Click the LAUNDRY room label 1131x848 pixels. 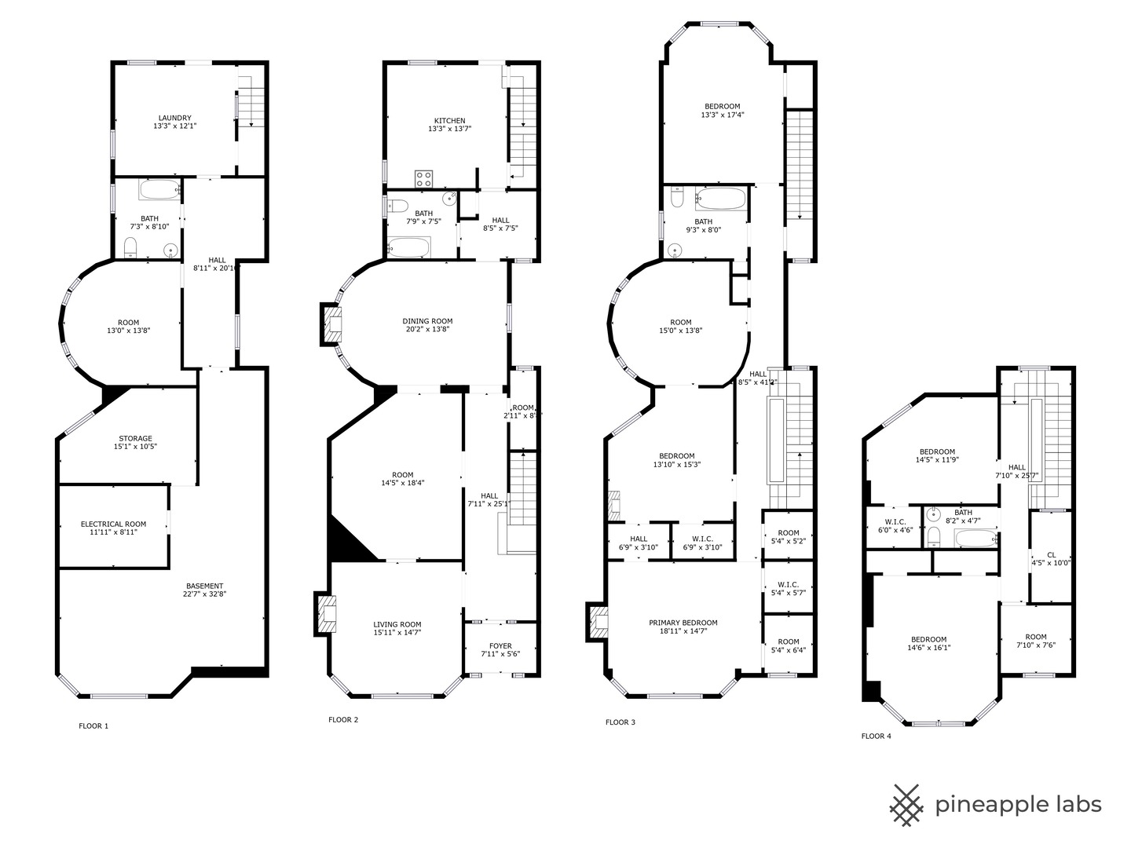point(174,119)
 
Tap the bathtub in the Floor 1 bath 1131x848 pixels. point(159,190)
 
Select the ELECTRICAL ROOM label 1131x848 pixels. point(113,525)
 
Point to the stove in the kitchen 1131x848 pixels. point(424,178)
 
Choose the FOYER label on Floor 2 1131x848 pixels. point(500,646)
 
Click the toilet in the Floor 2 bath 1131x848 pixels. point(398,207)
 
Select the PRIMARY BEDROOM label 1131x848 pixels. point(683,623)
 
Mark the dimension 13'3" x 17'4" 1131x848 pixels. point(722,115)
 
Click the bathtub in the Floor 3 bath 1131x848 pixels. point(721,198)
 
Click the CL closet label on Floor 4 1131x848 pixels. point(1051,554)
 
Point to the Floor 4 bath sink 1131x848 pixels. point(933,516)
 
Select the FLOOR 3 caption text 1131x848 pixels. point(620,722)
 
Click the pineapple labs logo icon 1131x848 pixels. point(906,805)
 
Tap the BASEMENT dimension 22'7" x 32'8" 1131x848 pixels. point(204,594)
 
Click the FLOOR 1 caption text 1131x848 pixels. point(93,726)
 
